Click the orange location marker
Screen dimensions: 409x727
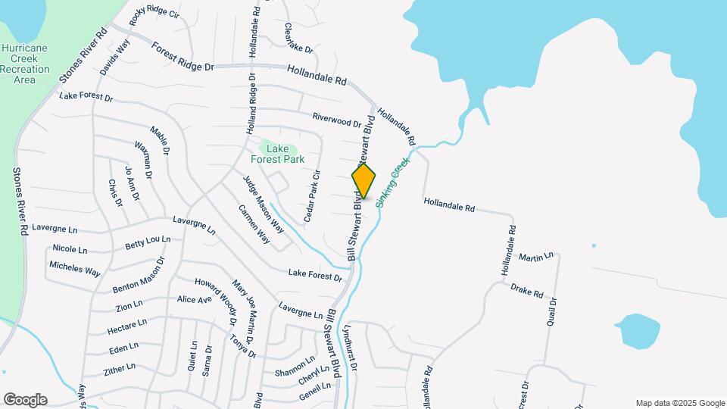pyautogui.click(x=363, y=180)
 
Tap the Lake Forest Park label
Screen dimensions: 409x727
pyautogui.click(x=278, y=154)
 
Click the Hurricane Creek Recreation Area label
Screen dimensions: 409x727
pyautogui.click(x=27, y=63)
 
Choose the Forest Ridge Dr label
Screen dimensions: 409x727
pyautogui.click(x=183, y=57)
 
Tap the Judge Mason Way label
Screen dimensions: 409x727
pyautogui.click(x=263, y=204)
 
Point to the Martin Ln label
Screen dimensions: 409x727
pyautogui.click(x=535, y=258)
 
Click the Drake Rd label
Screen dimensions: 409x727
pyautogui.click(x=527, y=290)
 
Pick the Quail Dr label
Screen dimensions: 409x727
pyautogui.click(x=552, y=312)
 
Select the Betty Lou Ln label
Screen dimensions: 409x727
pyautogui.click(x=148, y=243)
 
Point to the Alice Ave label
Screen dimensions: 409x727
pyautogui.click(x=194, y=300)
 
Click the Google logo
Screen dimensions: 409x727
pyautogui.click(x=25, y=400)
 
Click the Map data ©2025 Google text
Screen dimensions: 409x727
pyautogui.click(x=680, y=403)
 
